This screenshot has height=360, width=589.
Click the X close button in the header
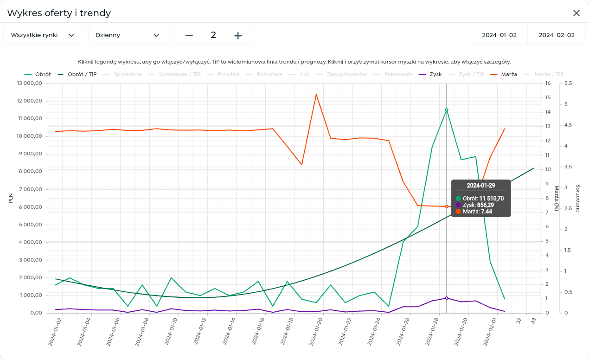click(x=576, y=13)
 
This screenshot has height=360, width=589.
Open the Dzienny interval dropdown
click(x=128, y=35)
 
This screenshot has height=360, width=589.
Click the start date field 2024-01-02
click(x=499, y=35)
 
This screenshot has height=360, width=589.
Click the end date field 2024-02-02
click(x=556, y=35)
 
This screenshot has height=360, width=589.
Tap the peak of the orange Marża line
click(x=316, y=94)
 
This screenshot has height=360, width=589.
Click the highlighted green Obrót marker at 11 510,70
click(x=447, y=110)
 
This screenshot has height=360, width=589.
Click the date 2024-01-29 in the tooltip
click(x=480, y=186)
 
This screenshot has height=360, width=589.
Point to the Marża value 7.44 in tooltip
click(x=487, y=212)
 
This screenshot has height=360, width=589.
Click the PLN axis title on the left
click(x=11, y=199)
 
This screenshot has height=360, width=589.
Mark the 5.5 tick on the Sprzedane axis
click(x=568, y=84)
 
